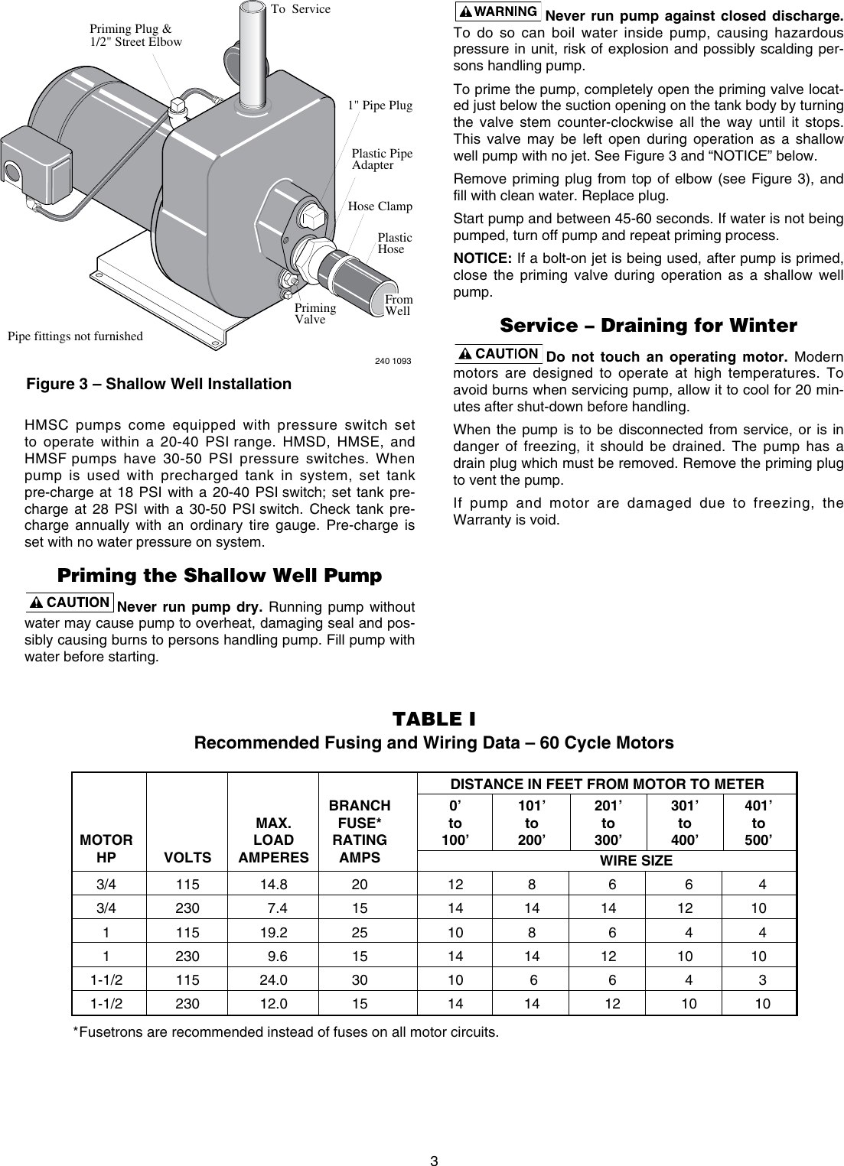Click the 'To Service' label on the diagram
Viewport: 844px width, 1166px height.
tap(301, 9)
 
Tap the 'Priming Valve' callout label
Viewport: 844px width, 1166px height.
tap(315, 313)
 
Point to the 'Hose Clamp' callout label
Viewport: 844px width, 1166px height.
tap(380, 206)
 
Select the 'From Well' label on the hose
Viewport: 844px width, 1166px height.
tap(398, 305)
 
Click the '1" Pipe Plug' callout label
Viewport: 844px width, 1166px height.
tap(380, 106)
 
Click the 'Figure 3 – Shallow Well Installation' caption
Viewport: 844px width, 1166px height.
tap(159, 384)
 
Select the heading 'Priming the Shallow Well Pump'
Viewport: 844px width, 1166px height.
tap(220, 575)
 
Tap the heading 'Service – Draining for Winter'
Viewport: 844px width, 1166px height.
tap(648, 326)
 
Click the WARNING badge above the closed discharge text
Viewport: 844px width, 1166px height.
tap(497, 12)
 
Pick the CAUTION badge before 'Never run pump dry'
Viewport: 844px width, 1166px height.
tap(70, 602)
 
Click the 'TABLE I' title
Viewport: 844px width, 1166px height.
tap(434, 719)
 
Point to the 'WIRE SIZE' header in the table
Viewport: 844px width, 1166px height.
tap(636, 861)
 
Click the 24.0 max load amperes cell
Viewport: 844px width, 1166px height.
tap(274, 979)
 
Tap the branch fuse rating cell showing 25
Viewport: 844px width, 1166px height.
tap(359, 933)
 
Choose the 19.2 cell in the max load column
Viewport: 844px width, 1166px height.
tap(274, 933)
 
